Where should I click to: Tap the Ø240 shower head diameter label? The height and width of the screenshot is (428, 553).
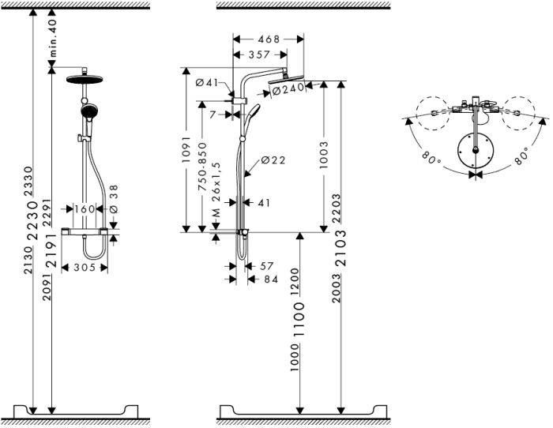288,90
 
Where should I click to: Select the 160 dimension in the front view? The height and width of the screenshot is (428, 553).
84,209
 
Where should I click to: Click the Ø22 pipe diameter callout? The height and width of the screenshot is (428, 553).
273,160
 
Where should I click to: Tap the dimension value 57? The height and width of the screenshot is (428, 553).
265,267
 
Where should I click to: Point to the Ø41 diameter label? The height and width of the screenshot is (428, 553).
206,83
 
